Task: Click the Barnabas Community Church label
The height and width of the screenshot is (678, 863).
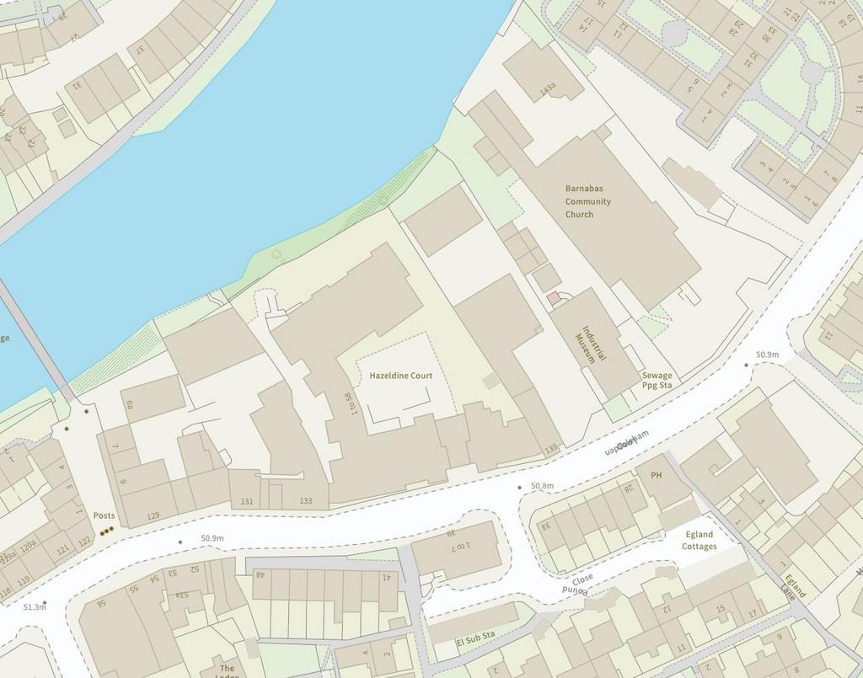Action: click(x=588, y=201)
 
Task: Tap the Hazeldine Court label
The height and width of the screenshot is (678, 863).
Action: click(x=400, y=375)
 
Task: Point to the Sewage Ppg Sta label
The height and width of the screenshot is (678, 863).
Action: click(x=657, y=380)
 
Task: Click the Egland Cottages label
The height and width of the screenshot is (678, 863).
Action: click(x=699, y=541)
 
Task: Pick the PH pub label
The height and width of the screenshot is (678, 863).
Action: click(x=657, y=475)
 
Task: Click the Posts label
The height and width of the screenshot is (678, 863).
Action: click(x=104, y=515)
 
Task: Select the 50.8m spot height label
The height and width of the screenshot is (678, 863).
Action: click(x=542, y=486)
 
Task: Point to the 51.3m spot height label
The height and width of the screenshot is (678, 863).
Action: click(x=35, y=606)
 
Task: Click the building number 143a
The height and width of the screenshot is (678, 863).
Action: click(x=548, y=87)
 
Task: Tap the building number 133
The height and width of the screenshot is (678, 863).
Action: click(x=305, y=501)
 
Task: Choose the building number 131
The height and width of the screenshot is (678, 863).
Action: click(x=246, y=501)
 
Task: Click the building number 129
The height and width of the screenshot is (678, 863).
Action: click(x=153, y=515)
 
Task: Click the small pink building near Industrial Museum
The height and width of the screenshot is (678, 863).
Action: click(x=553, y=298)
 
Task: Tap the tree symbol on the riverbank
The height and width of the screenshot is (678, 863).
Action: click(x=277, y=253)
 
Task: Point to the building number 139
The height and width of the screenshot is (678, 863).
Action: click(x=551, y=450)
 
